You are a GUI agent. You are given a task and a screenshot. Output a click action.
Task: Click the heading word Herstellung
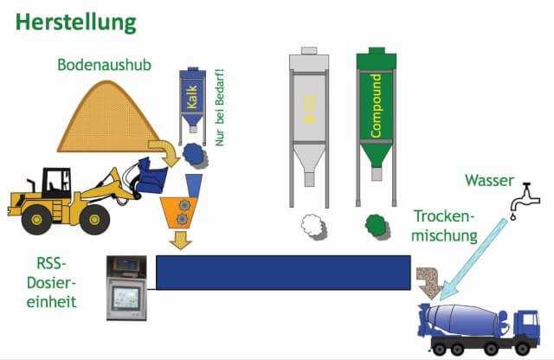point(75,21)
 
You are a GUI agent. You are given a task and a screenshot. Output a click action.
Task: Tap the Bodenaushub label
point(97,65)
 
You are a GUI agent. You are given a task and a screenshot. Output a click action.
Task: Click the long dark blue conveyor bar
point(282,272)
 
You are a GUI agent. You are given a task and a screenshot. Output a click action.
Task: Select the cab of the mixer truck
point(525,325)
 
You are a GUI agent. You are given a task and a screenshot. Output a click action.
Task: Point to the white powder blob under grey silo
point(312,226)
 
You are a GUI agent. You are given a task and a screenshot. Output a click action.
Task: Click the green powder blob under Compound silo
point(376,225)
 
